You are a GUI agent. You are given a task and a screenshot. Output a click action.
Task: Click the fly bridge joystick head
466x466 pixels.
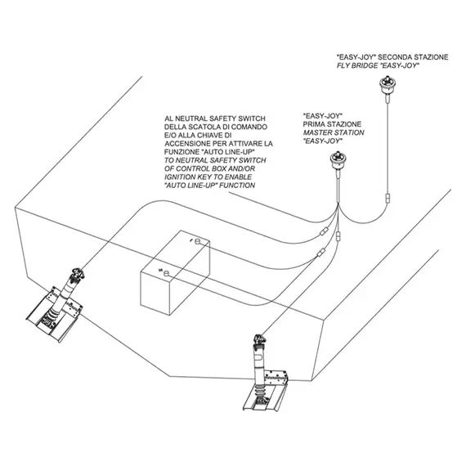[x=388, y=84]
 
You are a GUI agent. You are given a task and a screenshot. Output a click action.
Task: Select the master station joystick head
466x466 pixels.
[x=338, y=160]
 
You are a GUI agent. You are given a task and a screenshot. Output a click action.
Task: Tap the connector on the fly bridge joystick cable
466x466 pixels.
[x=388, y=198]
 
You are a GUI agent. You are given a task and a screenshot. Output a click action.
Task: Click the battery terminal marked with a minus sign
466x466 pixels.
[x=198, y=241]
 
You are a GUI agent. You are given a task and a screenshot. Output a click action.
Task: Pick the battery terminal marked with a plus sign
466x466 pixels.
[x=167, y=273]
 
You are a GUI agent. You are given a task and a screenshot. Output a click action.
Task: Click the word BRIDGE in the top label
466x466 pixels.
[x=365, y=65]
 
